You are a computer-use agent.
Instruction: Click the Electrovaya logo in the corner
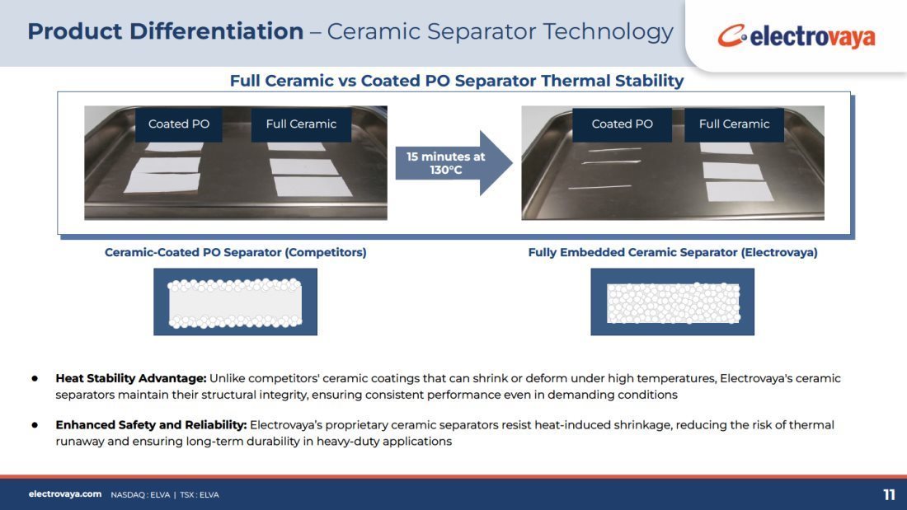(x=796, y=36)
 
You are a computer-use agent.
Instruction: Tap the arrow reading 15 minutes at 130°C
(x=453, y=163)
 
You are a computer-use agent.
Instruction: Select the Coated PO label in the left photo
(x=179, y=124)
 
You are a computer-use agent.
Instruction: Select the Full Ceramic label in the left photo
(x=301, y=124)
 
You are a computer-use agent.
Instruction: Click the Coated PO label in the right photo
(x=622, y=124)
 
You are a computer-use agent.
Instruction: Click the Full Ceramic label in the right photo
(x=734, y=124)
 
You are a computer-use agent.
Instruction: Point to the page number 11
(x=889, y=495)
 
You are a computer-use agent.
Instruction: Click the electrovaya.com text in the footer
(x=65, y=494)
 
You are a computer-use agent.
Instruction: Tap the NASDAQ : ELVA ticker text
(x=140, y=495)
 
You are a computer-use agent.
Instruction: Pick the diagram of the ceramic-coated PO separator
(x=236, y=302)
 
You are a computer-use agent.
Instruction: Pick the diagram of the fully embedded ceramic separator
(x=673, y=302)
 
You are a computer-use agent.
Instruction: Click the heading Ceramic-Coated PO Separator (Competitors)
(x=236, y=253)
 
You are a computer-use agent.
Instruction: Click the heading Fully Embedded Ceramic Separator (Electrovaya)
(x=673, y=253)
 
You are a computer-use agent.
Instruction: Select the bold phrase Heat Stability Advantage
(x=131, y=379)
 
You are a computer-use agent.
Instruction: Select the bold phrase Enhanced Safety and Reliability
(x=151, y=425)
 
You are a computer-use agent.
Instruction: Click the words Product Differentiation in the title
(x=166, y=31)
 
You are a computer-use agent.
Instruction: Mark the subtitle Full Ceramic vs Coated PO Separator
(x=383, y=81)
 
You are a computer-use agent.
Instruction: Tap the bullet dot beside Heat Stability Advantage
(x=35, y=379)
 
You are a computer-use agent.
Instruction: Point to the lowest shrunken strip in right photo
(x=599, y=187)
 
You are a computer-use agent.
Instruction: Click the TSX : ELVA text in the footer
(x=200, y=495)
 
